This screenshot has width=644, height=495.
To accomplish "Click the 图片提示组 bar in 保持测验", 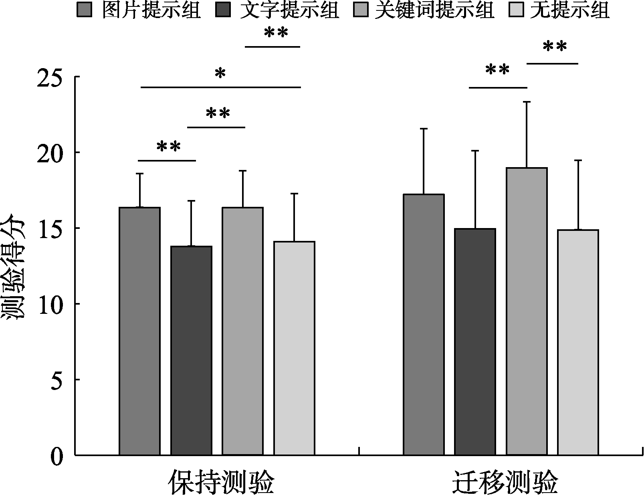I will coord(140,331).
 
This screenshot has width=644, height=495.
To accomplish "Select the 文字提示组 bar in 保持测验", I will coord(191,351).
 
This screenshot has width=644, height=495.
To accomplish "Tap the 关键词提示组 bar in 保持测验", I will coord(242,331).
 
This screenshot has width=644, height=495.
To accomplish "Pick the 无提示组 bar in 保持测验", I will coord(294,348).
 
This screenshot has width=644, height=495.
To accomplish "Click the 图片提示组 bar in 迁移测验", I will coord(424,325).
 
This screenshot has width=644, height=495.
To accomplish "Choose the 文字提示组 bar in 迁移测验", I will coord(475,342).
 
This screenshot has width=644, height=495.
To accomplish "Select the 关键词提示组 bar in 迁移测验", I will coord(527,311).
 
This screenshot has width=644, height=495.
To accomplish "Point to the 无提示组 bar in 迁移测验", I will coord(578,343).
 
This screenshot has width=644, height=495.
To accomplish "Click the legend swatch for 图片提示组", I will coord(84,10).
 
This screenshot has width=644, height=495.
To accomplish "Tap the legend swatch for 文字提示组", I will coord(223,10).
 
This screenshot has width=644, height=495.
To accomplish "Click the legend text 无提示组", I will coord(569,10).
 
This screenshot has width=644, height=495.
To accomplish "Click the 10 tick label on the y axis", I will coord(51,304).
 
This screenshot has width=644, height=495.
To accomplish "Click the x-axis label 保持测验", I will coord(221,482).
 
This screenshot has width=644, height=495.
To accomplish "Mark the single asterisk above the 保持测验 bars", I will coord(220,73).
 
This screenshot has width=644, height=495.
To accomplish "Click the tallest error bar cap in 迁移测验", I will coord(527,102).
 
